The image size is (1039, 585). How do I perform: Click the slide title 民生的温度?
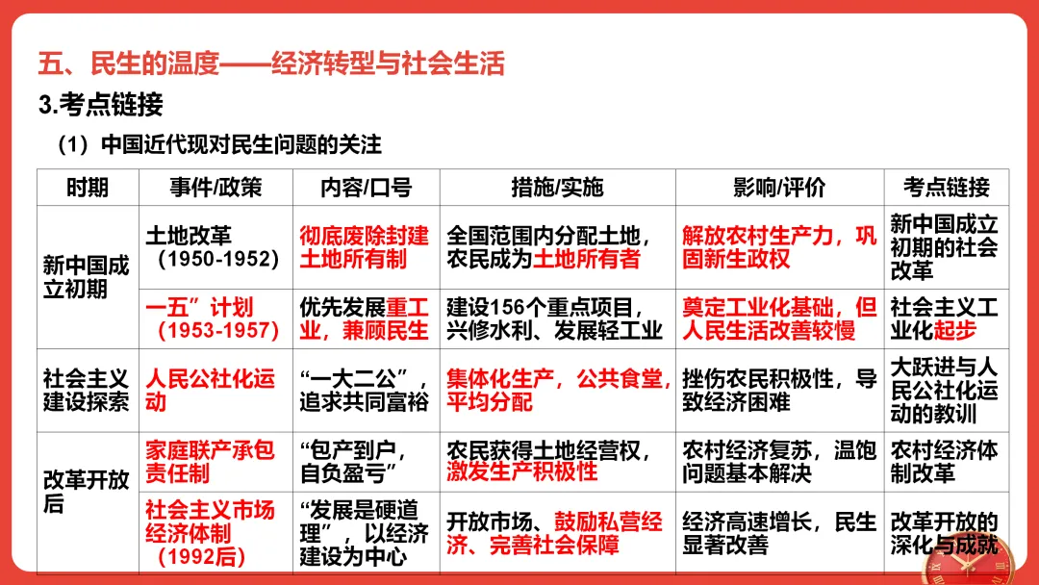pyautogui.click(x=271, y=64)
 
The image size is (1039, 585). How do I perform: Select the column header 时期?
pyautogui.click(x=88, y=187)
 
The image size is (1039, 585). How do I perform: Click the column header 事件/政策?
pyautogui.click(x=215, y=187)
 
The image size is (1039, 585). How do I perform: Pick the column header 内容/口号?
pyautogui.click(x=366, y=187)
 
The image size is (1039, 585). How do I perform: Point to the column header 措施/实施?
pyautogui.click(x=557, y=187)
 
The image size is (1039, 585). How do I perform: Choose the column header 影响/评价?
pyautogui.click(x=779, y=187)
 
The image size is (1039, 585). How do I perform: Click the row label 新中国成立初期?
pyautogui.click(x=88, y=276)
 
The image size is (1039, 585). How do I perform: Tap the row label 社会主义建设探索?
pyautogui.click(x=88, y=390)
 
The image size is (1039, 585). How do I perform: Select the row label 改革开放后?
pyautogui.click(x=88, y=492)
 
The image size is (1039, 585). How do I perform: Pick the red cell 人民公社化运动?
pyautogui.click(x=211, y=390)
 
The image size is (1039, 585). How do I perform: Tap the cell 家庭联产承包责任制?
pyautogui.click(x=211, y=461)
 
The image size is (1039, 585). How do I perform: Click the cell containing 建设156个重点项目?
pyautogui.click(x=556, y=318)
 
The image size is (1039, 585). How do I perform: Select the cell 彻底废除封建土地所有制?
pyautogui.click(x=365, y=247)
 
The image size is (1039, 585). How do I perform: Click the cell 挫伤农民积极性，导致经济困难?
pyautogui.click(x=778, y=390)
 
